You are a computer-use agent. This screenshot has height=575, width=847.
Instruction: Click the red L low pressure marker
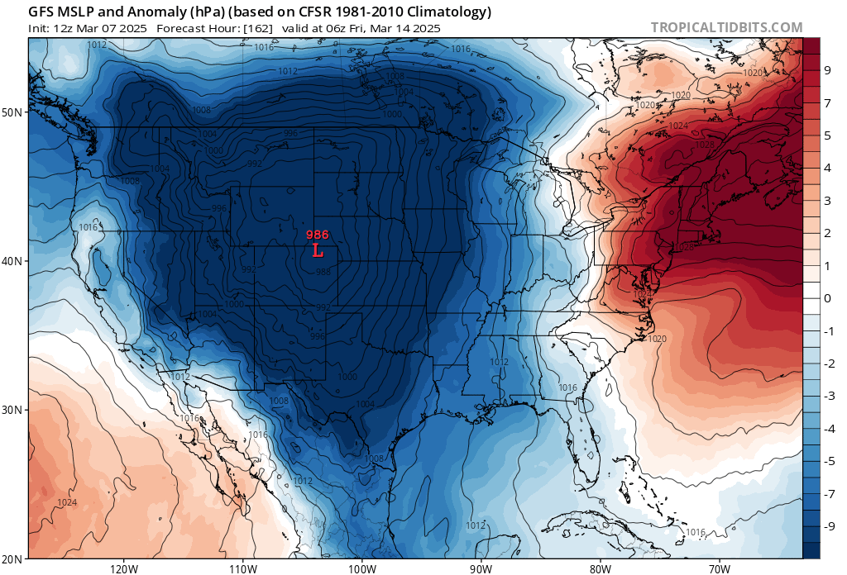click(318, 250)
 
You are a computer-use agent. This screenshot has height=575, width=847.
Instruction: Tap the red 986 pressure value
click(318, 235)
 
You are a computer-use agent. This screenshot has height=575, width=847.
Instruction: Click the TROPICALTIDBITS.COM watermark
click(726, 27)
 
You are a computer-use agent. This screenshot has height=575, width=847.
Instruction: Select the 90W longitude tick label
click(481, 568)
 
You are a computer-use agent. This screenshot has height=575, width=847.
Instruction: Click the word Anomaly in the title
click(132, 12)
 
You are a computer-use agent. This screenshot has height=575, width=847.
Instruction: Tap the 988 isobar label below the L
click(323, 272)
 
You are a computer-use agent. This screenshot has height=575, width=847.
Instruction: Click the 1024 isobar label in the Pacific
click(68, 502)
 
